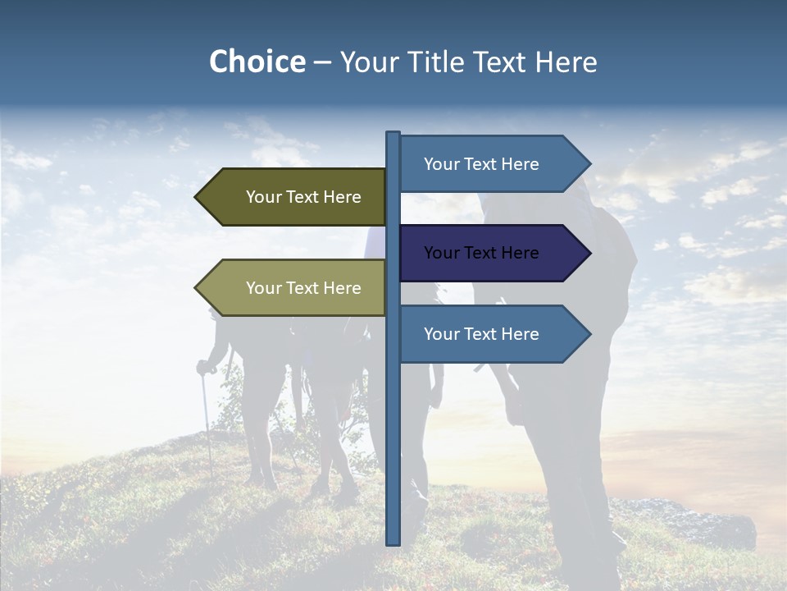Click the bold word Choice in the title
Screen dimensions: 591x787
pyautogui.click(x=257, y=62)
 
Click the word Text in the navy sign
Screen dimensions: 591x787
pyautogui.click(x=482, y=253)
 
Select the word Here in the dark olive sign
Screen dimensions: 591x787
pyautogui.click(x=342, y=197)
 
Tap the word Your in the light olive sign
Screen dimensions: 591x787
pyautogui.click(x=263, y=288)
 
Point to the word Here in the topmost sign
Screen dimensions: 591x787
pyautogui.click(x=520, y=164)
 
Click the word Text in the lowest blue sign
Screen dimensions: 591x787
pyautogui.click(x=482, y=334)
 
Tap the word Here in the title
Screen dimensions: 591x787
pyautogui.click(x=565, y=62)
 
